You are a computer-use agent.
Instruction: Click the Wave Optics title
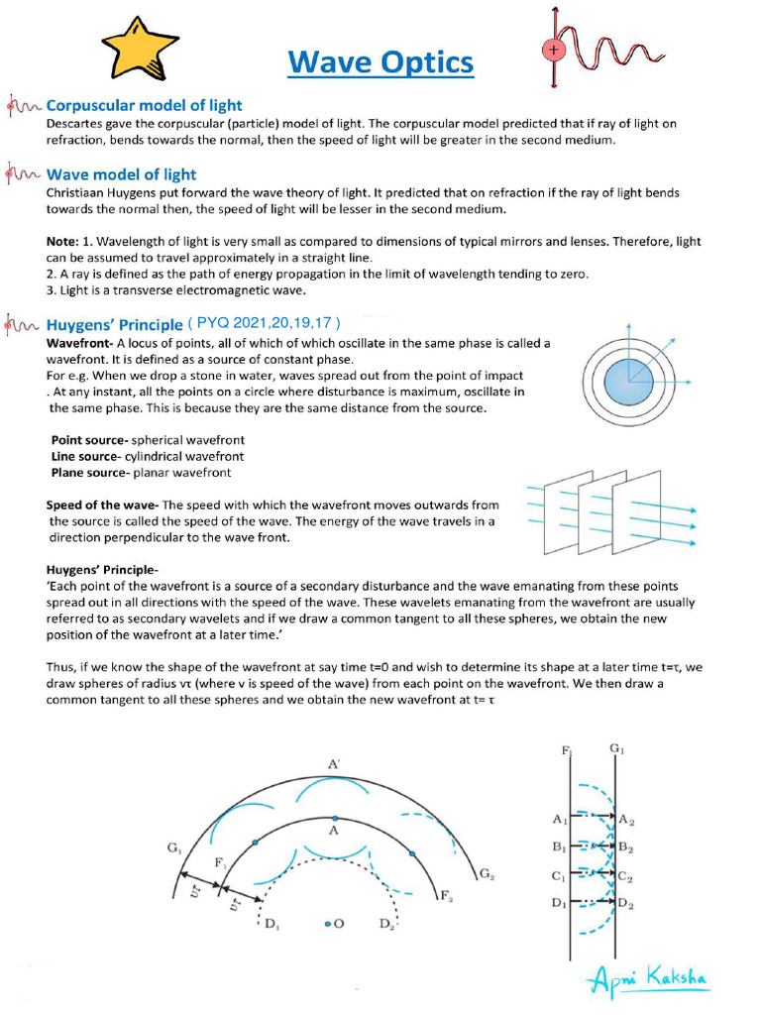380,62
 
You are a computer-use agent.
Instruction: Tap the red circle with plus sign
553,50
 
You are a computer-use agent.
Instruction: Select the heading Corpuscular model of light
145,105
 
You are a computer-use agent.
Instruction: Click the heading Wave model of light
121,174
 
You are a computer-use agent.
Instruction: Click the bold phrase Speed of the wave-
102,506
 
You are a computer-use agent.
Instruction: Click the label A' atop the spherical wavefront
333,763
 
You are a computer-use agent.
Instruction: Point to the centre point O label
335,924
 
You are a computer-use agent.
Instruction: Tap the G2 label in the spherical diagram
486,873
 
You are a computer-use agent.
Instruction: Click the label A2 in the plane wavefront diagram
627,820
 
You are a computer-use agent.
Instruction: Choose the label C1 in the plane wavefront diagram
559,876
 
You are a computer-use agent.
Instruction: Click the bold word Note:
66,242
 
